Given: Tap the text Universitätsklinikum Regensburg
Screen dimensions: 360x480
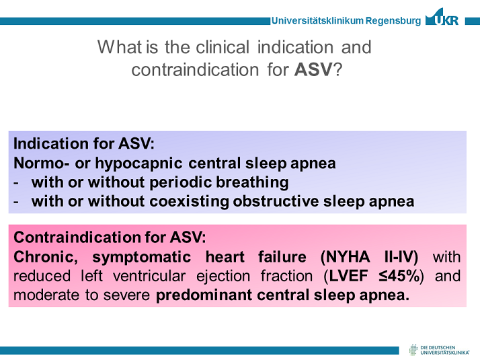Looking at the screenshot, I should click(x=346, y=21).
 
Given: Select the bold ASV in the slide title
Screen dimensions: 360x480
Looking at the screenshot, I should click(x=313, y=69).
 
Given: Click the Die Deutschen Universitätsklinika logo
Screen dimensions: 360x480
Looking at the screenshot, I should click(x=441, y=349).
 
